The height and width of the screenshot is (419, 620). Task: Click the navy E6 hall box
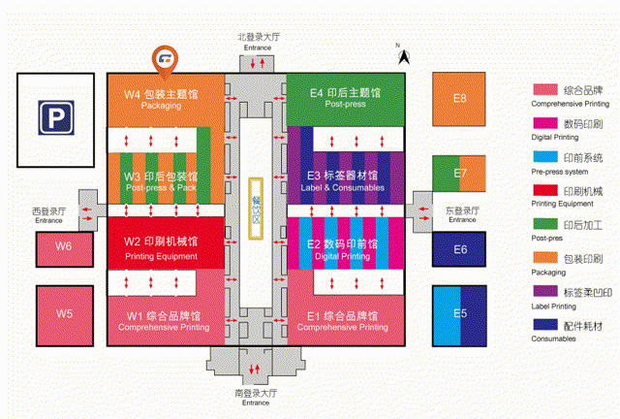(x=460, y=249)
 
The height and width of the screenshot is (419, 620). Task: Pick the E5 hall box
(x=460, y=312)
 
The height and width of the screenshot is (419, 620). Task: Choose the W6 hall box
(x=63, y=247)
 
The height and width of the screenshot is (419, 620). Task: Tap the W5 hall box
(x=63, y=313)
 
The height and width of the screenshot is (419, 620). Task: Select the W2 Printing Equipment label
(x=161, y=247)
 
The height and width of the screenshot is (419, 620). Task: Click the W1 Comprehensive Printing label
(x=161, y=321)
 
